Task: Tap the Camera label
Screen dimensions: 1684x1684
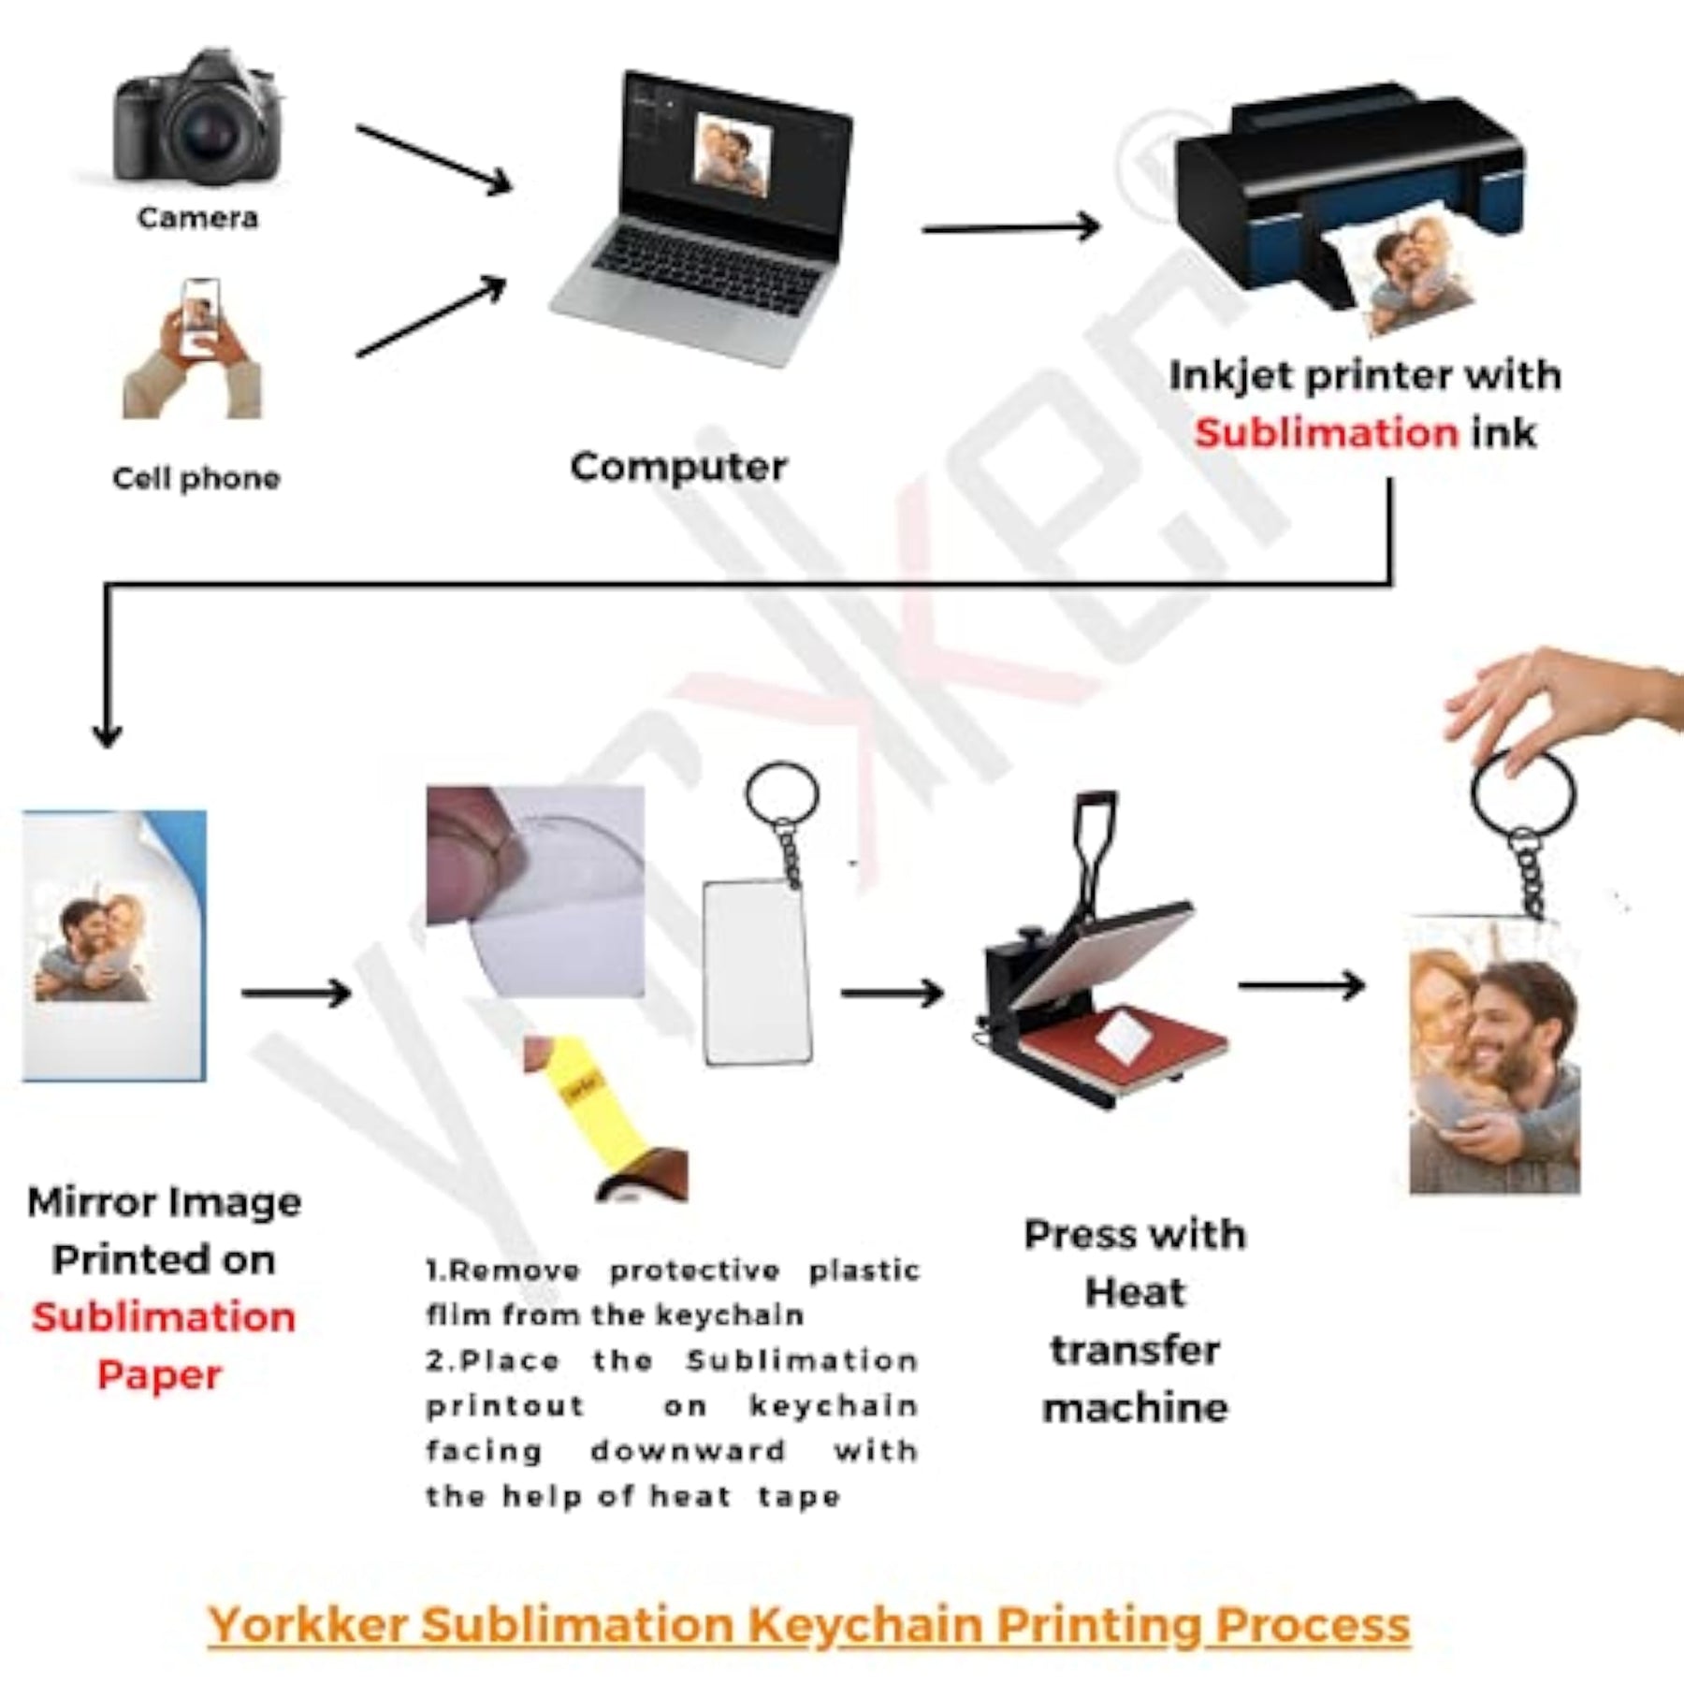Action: tap(197, 218)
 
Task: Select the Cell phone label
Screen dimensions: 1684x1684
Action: tap(196, 478)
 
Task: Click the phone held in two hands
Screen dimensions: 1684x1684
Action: tap(200, 316)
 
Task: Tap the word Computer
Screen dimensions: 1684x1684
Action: tap(679, 467)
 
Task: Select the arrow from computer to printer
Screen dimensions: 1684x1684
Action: tap(1010, 227)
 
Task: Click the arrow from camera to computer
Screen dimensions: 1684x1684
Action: tap(434, 159)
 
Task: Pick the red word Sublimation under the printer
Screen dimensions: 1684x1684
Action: tap(1326, 433)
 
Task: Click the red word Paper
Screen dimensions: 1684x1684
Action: tap(159, 1375)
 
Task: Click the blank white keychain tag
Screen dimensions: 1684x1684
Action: tap(757, 973)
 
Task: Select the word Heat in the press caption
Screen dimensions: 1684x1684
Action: tap(1135, 1293)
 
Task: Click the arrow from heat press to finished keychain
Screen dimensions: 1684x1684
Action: tap(1301, 985)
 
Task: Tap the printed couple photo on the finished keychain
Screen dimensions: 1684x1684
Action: tap(1495, 1057)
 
